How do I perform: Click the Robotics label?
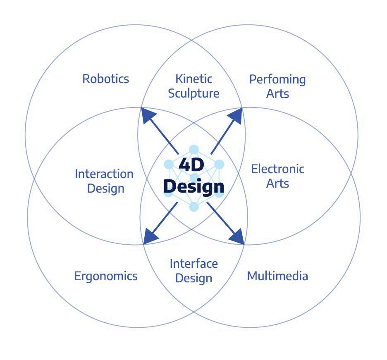(x=106, y=79)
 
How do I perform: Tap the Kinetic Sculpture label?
(x=193, y=86)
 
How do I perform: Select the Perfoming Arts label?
(x=277, y=86)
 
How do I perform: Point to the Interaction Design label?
(x=104, y=181)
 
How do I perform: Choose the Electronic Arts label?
(x=277, y=176)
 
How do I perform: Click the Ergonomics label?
(x=106, y=276)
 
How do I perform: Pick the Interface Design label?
(x=193, y=270)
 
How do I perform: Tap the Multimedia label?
(x=277, y=276)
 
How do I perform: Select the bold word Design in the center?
(x=193, y=186)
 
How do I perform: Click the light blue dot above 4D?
(x=193, y=150)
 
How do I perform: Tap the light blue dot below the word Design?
(x=193, y=206)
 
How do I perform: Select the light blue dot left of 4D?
(x=168, y=164)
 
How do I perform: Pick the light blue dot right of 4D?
(x=219, y=164)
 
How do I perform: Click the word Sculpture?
(x=193, y=93)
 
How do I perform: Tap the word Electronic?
(x=277, y=169)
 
